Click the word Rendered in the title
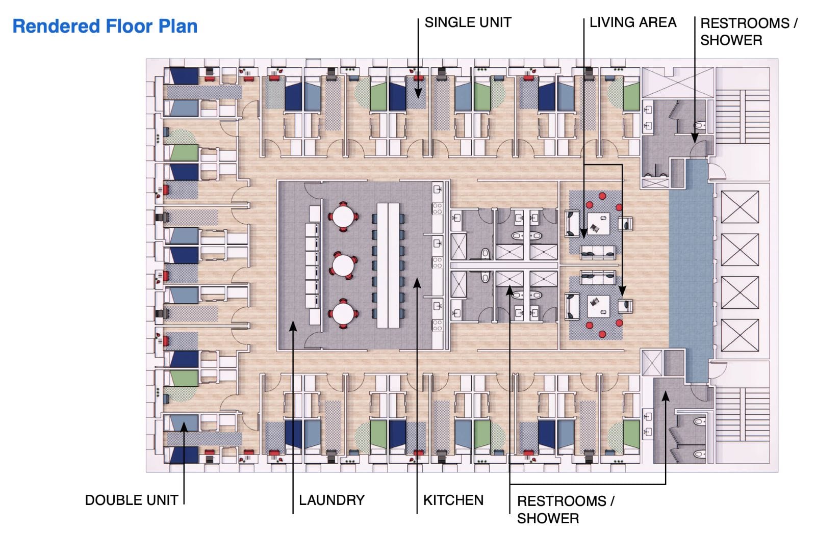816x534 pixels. pyautogui.click(x=56, y=26)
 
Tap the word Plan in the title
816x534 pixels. pyautogui.click(x=178, y=26)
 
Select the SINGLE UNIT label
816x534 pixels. pyautogui.click(x=468, y=22)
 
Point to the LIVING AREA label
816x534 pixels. pyautogui.click(x=633, y=22)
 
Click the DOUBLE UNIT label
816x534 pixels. pyautogui.click(x=132, y=500)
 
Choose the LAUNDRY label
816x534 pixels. pyautogui.click(x=331, y=500)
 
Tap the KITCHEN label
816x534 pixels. pyautogui.click(x=453, y=500)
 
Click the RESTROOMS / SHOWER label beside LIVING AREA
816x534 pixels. pyautogui.click(x=749, y=32)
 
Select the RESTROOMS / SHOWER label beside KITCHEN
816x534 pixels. pyautogui.click(x=566, y=510)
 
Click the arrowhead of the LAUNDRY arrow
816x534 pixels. pyautogui.click(x=293, y=326)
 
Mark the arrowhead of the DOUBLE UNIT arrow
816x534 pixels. pyautogui.click(x=184, y=426)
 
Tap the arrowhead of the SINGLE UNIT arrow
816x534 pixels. pyautogui.click(x=418, y=94)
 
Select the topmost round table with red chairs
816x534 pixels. pyautogui.click(x=343, y=217)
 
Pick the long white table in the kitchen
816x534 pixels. pyautogui.click(x=388, y=265)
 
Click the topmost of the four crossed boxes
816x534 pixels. pyautogui.click(x=739, y=207)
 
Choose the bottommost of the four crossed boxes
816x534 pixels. pyautogui.click(x=739, y=335)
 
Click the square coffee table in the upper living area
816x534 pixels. pyautogui.click(x=598, y=224)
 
